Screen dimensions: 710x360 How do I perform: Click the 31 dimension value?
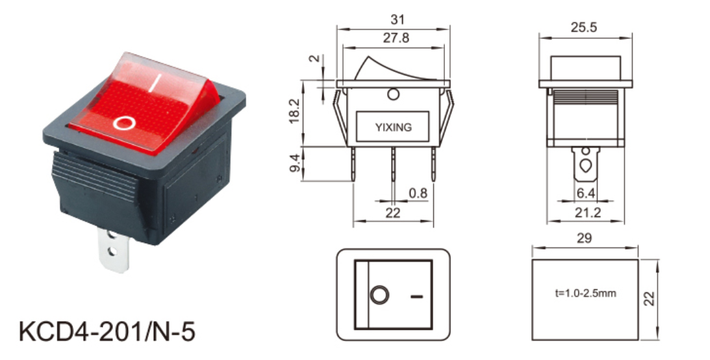397,19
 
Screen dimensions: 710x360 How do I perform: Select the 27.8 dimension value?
396,38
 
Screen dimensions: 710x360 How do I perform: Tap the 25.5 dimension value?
584,28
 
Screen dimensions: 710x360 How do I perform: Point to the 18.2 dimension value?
294,111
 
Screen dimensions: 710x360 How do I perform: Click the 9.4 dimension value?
294,163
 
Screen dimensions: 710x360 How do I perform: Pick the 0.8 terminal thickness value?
418,194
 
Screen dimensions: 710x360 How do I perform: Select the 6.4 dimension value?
585,194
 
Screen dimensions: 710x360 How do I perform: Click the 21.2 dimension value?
588,212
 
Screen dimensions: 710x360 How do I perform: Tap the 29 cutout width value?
584,238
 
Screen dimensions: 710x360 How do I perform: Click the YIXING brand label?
394,128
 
